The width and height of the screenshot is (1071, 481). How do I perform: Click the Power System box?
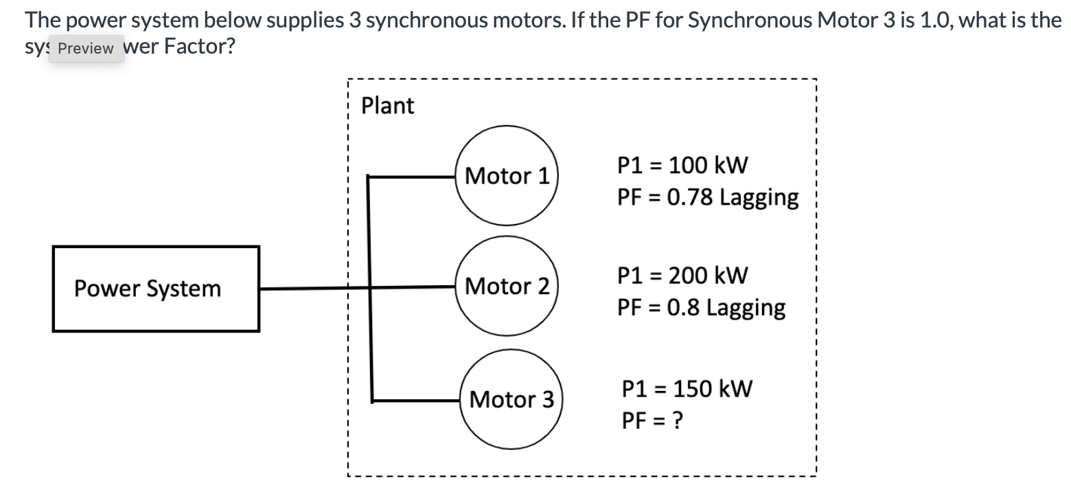[156, 289]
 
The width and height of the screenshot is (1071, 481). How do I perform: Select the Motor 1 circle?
[507, 176]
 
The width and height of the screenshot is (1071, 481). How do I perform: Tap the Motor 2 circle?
[507, 286]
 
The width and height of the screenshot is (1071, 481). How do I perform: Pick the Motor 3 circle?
[511, 399]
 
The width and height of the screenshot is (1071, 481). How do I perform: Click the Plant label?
[387, 106]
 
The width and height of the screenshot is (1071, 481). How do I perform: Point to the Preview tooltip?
[86, 49]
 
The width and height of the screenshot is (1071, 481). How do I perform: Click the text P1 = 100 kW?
[682, 165]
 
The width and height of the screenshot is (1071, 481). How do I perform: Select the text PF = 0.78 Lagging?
[708, 198]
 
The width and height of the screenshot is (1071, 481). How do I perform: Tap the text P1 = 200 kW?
[682, 276]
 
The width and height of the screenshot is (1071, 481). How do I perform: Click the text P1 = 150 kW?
[687, 388]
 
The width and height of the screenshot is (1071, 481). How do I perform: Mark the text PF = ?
[652, 420]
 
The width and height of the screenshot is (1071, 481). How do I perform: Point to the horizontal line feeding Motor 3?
[415, 401]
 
